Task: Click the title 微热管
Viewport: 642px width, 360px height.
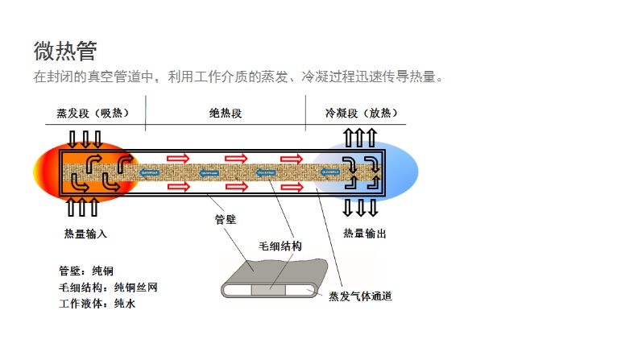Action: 65,51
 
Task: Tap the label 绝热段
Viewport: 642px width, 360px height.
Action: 225,113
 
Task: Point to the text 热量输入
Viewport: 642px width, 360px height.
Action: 85,234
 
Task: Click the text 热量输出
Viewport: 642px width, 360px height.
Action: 365,234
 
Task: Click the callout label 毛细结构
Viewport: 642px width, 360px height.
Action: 280,246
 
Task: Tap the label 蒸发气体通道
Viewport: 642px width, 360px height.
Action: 360,296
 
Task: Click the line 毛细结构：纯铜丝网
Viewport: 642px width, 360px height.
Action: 102,288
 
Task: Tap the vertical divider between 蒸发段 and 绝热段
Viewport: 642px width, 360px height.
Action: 145,114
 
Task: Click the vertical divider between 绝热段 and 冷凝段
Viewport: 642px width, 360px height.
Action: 305,114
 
